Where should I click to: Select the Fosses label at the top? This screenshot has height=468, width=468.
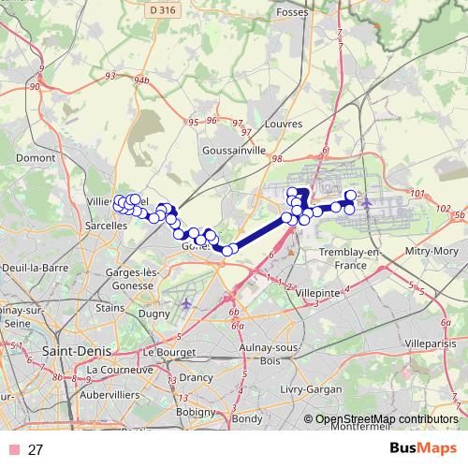click(293, 12)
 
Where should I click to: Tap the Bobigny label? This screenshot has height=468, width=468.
click(197, 411)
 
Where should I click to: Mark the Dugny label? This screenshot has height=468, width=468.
click(152, 315)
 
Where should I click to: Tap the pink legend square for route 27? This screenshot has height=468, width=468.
click(11, 450)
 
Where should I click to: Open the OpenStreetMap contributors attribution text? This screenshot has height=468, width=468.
click(386, 419)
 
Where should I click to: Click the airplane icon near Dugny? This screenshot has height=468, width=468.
click(187, 304)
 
